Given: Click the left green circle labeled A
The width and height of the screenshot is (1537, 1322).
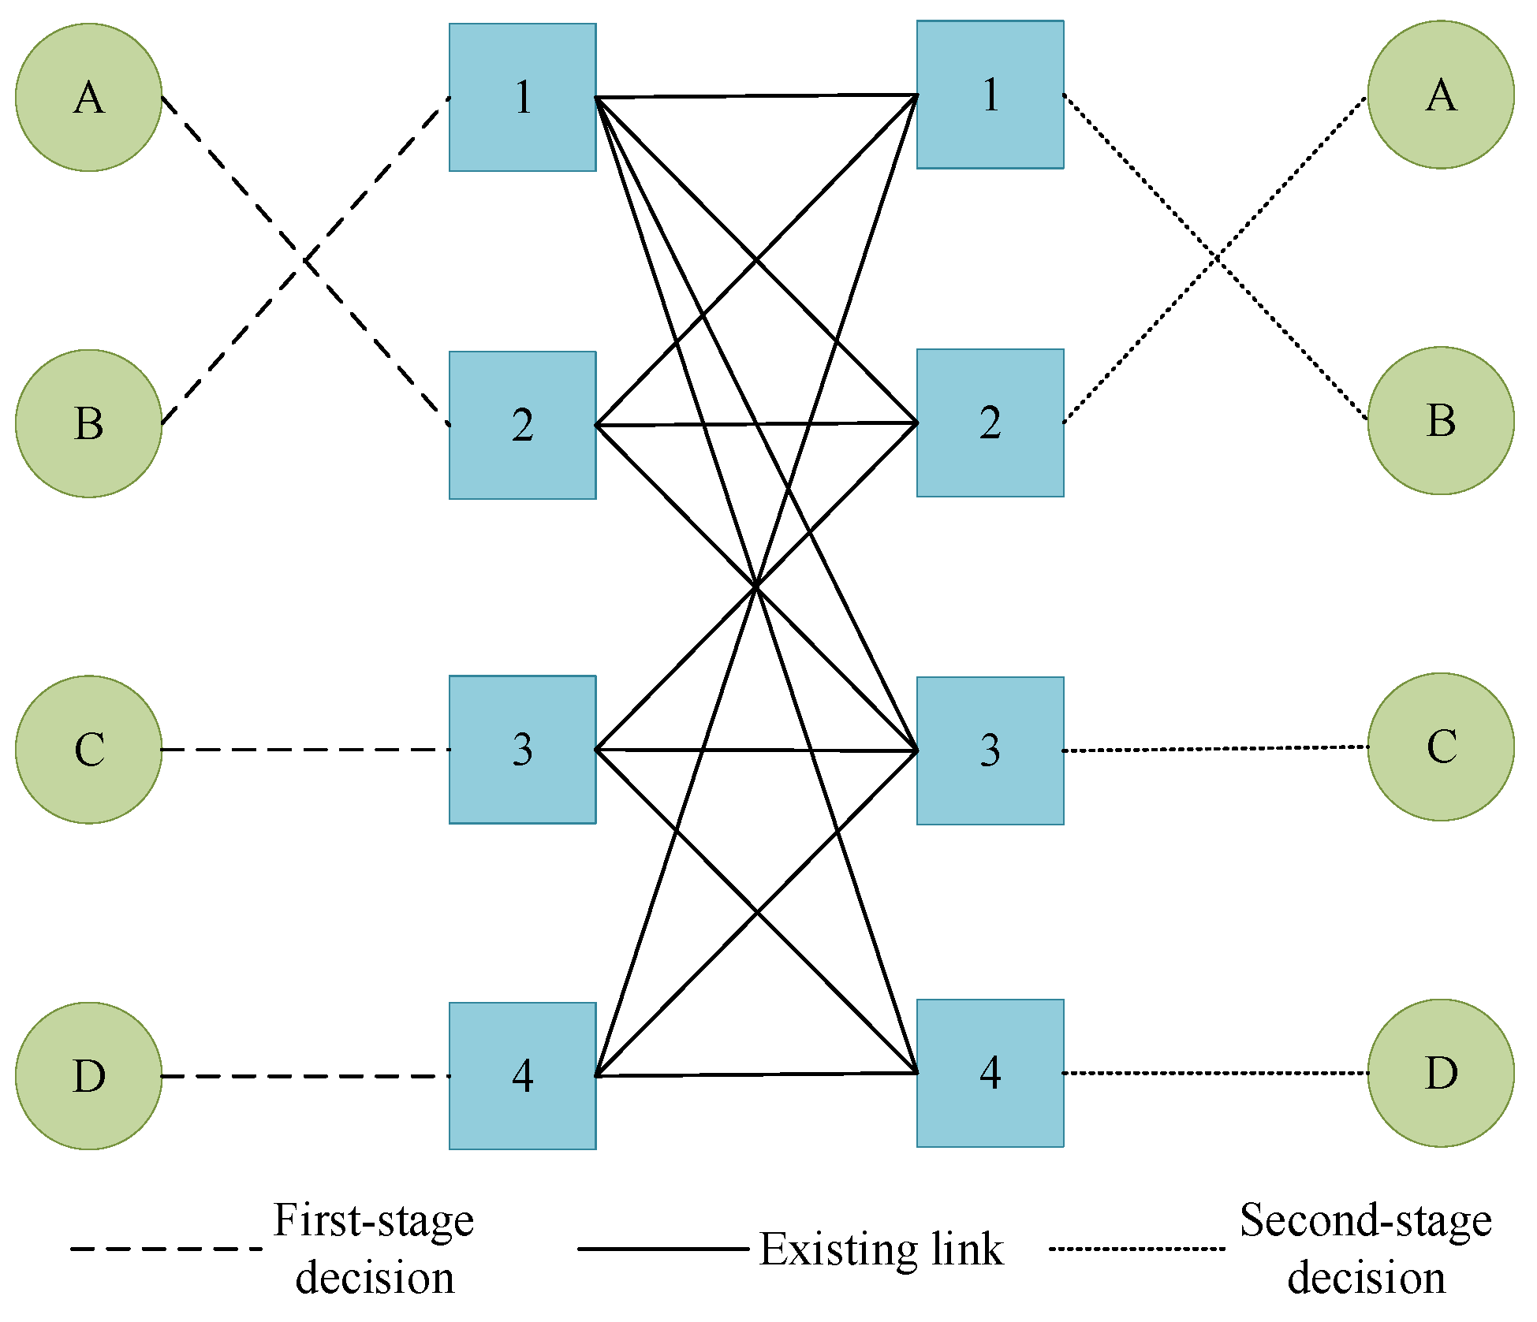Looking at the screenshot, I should coord(88,97).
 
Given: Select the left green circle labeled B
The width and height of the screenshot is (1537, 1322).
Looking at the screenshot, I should coord(88,423).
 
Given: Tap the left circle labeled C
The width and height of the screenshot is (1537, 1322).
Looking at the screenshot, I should coord(88,749).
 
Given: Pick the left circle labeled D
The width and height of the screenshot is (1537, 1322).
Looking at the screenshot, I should coord(88,1075).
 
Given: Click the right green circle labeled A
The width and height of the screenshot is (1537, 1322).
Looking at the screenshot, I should coord(1440,95).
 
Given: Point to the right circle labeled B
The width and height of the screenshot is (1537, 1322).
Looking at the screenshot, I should coord(1440,420).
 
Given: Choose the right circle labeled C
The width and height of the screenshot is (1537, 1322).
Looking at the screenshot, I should coord(1440,747).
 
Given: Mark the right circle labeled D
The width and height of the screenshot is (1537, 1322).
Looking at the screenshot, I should coord(1440,1072).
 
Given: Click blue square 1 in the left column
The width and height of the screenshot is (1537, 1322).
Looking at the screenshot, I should coord(522,97).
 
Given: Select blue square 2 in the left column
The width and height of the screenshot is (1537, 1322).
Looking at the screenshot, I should coord(522,425).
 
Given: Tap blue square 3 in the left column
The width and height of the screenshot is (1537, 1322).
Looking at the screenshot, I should coord(522,749).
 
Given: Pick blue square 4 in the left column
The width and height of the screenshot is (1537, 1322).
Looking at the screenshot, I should coord(522,1075).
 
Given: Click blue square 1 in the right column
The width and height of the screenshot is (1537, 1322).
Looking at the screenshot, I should coord(990,95).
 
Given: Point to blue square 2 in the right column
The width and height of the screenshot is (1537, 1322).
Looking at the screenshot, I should coord(990,423).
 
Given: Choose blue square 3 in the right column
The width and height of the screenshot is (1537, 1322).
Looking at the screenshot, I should coord(990,750).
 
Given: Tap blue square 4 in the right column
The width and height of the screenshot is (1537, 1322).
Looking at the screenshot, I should coord(990,1072).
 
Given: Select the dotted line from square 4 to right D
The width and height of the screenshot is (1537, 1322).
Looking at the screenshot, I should coord(1214,1072).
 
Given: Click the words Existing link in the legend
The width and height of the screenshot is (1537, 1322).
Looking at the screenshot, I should coord(881,1249).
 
